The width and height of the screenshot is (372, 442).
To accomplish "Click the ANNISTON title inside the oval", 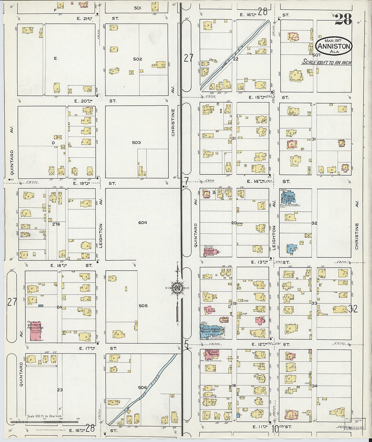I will point(334,46).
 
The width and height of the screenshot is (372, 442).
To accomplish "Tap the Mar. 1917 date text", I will point(333,40).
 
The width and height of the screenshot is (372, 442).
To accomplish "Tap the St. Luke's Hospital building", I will point(212,355).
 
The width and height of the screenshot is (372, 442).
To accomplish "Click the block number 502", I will point(137,59).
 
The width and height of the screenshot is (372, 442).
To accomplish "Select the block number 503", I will point(136,143).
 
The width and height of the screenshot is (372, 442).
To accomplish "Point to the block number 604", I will point(142,223).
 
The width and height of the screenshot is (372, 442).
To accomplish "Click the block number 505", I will point(143,306).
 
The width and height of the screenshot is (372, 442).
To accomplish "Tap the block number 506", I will point(142,387).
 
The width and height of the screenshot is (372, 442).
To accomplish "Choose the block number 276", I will point(56,224).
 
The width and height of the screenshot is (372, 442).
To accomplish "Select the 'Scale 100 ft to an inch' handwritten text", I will point(326,62).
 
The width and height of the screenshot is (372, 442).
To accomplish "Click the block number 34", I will point(315,386).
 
